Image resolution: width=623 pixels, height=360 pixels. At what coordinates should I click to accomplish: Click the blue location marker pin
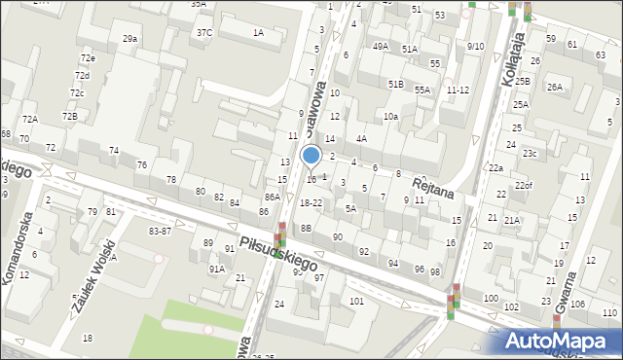click(311, 156)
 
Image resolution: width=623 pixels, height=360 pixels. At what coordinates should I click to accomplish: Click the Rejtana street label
click(434, 185)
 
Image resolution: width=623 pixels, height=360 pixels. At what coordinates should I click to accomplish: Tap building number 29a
click(129, 38)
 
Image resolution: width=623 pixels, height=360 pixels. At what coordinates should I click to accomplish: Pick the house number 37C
click(204, 32)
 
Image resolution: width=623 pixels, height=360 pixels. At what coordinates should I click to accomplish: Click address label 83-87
click(160, 231)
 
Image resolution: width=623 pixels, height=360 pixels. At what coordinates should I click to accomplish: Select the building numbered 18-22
click(311, 202)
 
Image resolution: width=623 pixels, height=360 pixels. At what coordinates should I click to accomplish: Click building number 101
click(357, 301)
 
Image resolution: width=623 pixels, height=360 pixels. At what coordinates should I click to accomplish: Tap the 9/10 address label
click(475, 46)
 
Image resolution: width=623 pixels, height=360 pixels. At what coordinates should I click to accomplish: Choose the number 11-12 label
click(458, 90)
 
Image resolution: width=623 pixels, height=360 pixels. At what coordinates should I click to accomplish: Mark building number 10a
click(390, 116)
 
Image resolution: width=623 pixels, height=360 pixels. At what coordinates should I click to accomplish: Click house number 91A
click(216, 269)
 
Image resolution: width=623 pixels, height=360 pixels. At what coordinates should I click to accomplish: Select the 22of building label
click(524, 185)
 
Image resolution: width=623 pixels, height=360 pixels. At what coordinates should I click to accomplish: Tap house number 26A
click(554, 87)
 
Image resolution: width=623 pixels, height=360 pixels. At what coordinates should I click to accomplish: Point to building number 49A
click(380, 46)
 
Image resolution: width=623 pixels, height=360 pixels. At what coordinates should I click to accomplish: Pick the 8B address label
click(306, 228)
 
